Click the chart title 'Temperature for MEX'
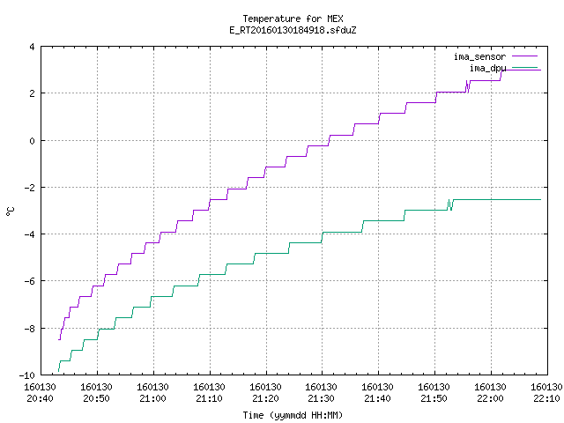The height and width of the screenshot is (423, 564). [x=293, y=19]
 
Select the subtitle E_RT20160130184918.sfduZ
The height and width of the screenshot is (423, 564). [x=293, y=30]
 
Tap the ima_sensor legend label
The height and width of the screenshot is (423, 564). [x=479, y=56]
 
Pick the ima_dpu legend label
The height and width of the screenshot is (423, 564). [x=487, y=68]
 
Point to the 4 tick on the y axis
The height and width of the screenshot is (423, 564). [x=33, y=47]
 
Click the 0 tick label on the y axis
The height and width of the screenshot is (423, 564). [x=33, y=141]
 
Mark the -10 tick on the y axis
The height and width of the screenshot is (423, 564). [x=27, y=375]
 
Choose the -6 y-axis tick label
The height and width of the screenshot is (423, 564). [x=29, y=281]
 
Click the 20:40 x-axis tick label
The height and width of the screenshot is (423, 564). [x=41, y=393]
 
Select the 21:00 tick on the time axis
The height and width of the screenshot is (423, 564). [x=152, y=393]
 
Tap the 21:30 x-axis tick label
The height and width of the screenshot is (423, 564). [x=321, y=393]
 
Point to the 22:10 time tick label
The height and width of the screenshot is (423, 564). [x=546, y=393]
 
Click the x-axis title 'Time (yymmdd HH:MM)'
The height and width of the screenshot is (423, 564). [x=293, y=415]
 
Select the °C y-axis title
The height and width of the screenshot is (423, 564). [x=10, y=211]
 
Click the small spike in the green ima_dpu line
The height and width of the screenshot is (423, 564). [x=450, y=204]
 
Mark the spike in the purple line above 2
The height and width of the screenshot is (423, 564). [x=468, y=86]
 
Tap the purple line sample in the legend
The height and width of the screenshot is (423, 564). [x=524, y=56]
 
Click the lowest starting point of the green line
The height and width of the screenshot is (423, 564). [x=58, y=371]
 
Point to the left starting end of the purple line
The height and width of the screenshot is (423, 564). [x=59, y=339]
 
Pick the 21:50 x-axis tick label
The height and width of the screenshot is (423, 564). [x=434, y=393]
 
